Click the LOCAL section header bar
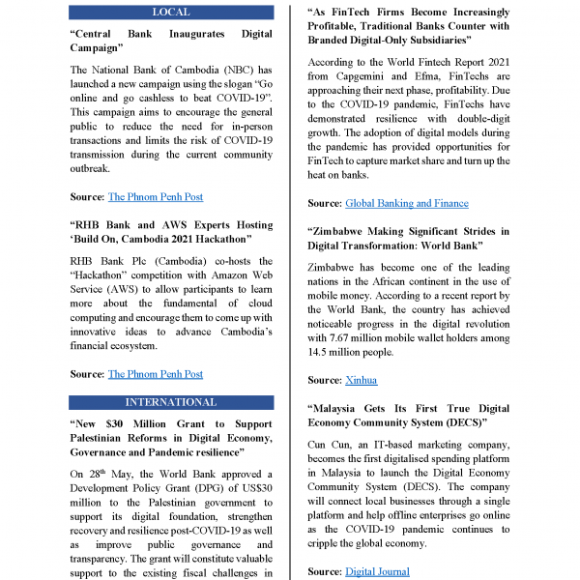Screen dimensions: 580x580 click(171, 12)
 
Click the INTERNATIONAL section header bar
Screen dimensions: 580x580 click(171, 402)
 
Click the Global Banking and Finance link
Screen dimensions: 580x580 click(406, 203)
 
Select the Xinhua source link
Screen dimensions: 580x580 click(361, 380)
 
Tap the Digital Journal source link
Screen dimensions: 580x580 click(377, 572)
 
